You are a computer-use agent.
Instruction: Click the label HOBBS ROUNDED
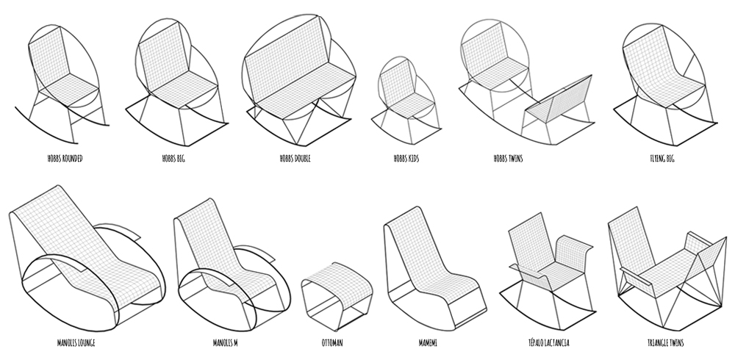point(65,159)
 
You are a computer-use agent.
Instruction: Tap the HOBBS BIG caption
point(173,159)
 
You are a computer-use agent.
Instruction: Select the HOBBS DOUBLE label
point(295,159)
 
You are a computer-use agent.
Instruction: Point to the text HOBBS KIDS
point(406,159)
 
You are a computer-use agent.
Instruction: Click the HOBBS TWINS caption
point(508,159)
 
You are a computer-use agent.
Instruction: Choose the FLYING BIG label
point(662,159)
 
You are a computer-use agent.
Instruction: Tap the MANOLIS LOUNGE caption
point(76,342)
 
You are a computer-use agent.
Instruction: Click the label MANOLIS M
point(225,342)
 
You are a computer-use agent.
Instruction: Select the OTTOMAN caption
point(332,342)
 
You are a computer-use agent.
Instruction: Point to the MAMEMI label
point(428,342)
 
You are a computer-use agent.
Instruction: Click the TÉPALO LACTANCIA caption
point(548,342)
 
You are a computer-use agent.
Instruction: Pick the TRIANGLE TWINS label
point(665,342)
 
